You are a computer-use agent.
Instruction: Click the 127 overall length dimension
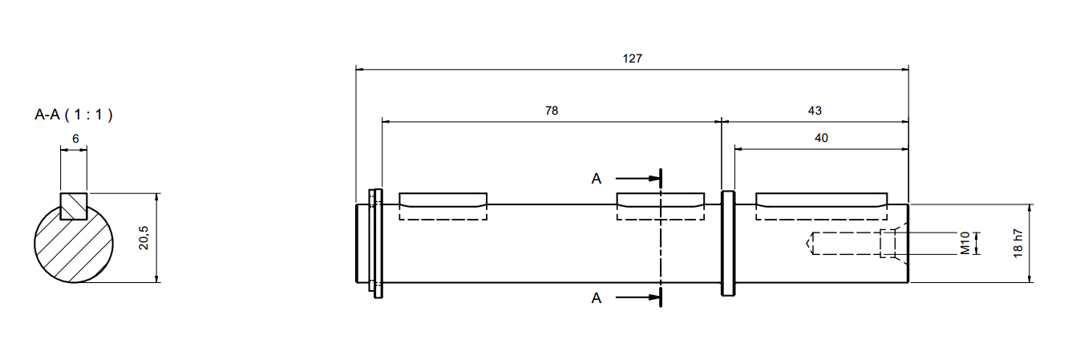pos(633,59)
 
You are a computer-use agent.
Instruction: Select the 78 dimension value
pos(552,111)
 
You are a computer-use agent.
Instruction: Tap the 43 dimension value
pos(815,111)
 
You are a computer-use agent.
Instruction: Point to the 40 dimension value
pos(821,138)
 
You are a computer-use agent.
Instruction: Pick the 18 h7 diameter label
pos(1017,243)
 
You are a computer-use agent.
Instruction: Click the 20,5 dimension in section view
pos(144,237)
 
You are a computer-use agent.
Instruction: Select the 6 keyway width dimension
pos(75,138)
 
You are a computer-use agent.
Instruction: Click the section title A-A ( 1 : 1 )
pos(74,115)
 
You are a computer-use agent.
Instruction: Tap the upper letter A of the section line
pos(596,178)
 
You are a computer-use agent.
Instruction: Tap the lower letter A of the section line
pos(596,298)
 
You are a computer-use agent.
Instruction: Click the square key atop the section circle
pos(74,205)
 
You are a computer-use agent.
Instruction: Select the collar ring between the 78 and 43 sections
pos(728,243)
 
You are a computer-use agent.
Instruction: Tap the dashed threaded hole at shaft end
pos(850,243)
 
